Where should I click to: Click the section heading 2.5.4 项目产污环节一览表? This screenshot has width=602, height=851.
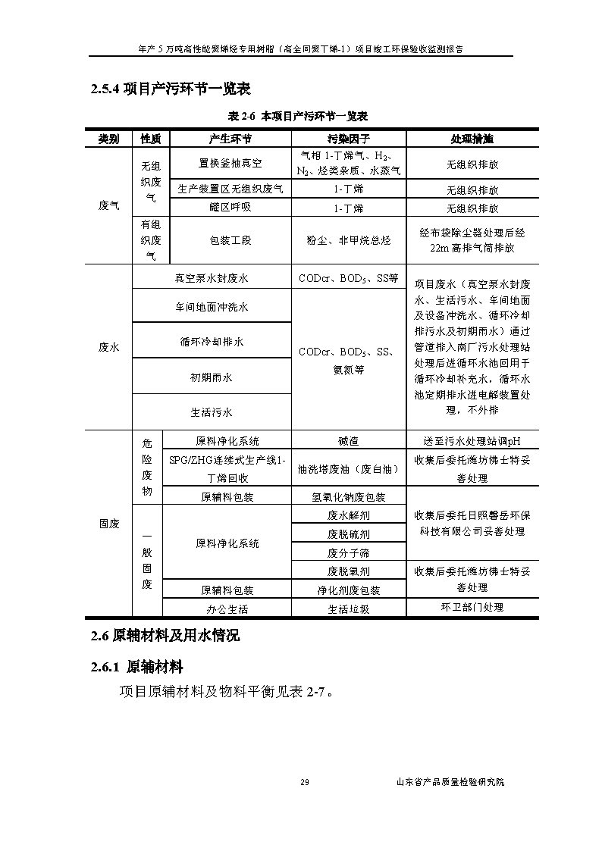click(171, 89)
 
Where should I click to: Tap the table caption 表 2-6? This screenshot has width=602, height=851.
click(298, 116)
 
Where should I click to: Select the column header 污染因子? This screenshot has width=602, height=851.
click(348, 139)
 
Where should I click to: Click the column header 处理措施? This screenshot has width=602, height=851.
click(472, 139)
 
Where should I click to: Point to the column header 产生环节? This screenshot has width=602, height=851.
click(230, 139)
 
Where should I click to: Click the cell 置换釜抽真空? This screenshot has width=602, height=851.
click(230, 164)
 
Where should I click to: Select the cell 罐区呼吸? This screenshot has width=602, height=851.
click(230, 208)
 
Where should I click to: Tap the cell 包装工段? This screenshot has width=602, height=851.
click(230, 240)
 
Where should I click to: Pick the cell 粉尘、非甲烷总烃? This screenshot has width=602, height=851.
click(348, 240)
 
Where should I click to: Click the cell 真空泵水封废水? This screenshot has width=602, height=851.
click(212, 278)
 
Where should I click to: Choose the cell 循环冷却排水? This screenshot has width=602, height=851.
click(212, 342)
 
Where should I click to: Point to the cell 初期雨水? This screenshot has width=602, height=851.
click(212, 377)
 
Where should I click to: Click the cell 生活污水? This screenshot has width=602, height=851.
click(212, 412)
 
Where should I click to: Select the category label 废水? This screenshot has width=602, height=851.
click(108, 346)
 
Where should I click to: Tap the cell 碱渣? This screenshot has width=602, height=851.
click(348, 441)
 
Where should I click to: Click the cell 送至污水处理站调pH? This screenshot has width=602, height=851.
click(472, 441)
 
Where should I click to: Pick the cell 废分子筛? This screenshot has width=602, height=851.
click(348, 553)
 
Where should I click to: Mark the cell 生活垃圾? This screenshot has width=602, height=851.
click(348, 609)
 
